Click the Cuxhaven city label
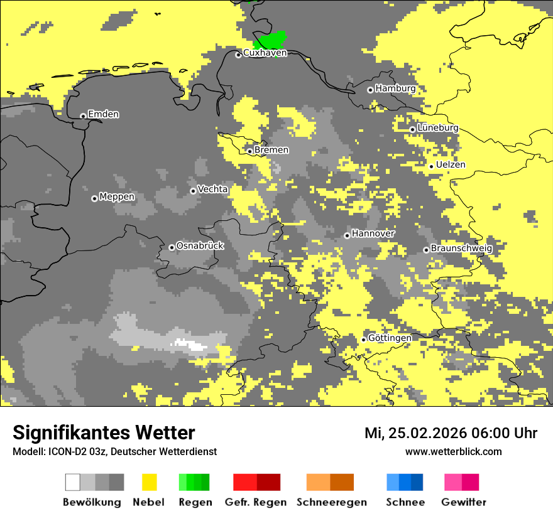(x=265, y=53)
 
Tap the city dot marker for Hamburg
(x=370, y=90)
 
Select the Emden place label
(x=103, y=114)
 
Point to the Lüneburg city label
(x=437, y=128)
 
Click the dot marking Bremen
(x=249, y=151)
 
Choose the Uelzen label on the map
(x=451, y=165)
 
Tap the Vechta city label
(x=212, y=189)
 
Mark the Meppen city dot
(x=94, y=198)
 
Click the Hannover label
(x=373, y=234)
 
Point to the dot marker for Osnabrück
(x=172, y=247)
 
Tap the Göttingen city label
(x=390, y=338)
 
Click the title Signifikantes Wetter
(x=104, y=433)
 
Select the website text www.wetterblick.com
(x=453, y=452)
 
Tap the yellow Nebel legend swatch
(x=149, y=482)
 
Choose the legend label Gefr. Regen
(x=256, y=503)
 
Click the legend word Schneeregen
(x=332, y=503)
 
